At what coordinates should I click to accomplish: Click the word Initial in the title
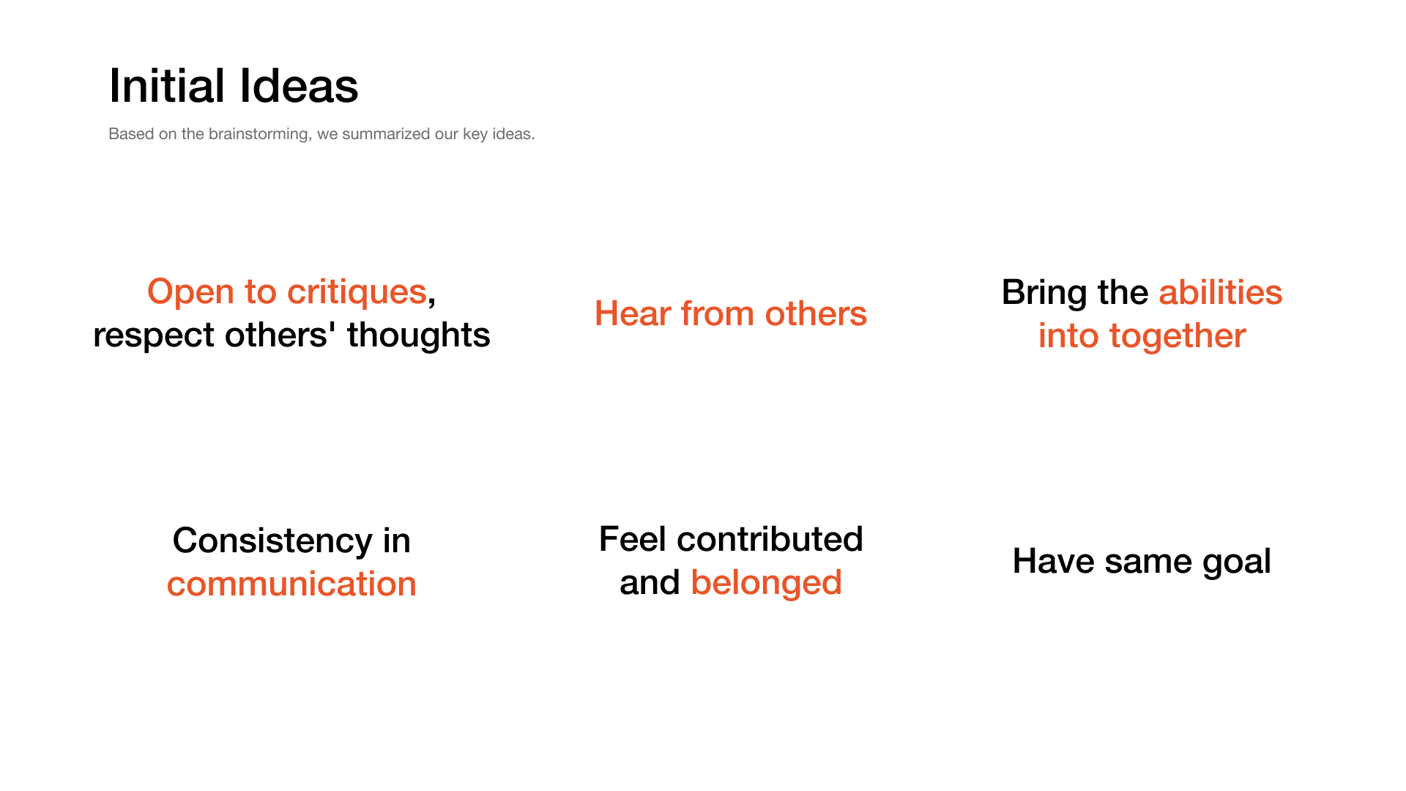pos(167,86)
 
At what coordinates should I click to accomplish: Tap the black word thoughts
pos(418,335)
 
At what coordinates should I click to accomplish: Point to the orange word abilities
pos(1221,292)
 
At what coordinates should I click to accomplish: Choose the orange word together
pos(1178,336)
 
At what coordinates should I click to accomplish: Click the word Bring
pos(1044,293)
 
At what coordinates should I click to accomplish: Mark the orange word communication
pos(291,584)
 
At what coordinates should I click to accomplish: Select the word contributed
pos(770,539)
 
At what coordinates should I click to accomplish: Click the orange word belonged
pos(766,583)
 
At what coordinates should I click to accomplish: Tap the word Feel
pos(633,539)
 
